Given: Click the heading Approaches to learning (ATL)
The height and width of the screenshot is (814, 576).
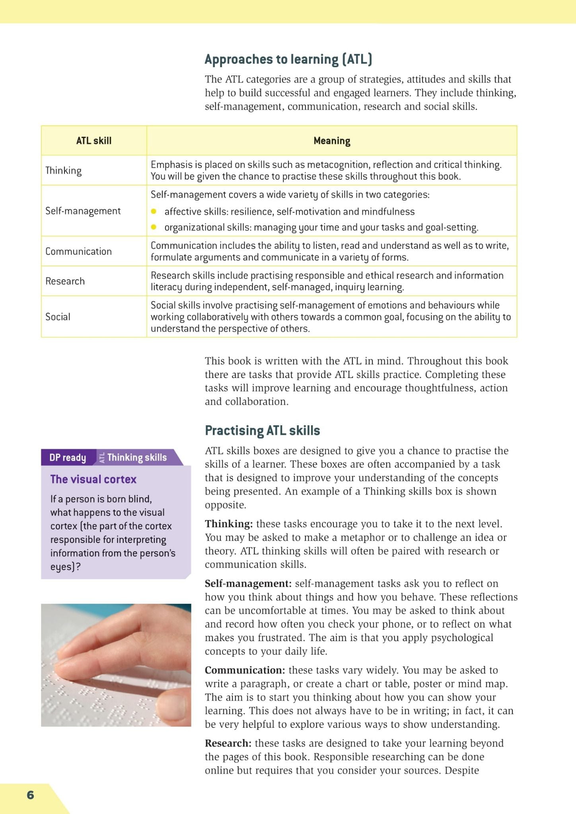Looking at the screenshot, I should pyautogui.click(x=288, y=59).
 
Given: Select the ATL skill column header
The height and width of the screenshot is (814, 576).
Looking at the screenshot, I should pyautogui.click(x=94, y=141).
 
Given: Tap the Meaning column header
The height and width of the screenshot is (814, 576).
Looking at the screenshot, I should pyautogui.click(x=332, y=141).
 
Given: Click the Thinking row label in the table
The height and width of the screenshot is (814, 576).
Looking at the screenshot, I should pyautogui.click(x=64, y=171).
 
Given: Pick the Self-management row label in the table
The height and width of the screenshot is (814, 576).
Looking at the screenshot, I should pyautogui.click(x=83, y=211).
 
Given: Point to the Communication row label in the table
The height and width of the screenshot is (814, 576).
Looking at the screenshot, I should pyautogui.click(x=78, y=251).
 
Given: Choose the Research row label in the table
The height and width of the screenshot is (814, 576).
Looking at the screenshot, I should pyautogui.click(x=65, y=281).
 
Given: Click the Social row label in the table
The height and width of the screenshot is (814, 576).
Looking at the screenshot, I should pyautogui.click(x=58, y=317).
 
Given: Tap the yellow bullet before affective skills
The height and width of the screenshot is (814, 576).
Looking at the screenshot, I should pyautogui.click(x=154, y=211).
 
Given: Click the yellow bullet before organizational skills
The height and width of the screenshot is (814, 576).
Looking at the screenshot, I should pyautogui.click(x=154, y=227).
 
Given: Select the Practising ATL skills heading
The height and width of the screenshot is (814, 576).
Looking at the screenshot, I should pyautogui.click(x=262, y=430).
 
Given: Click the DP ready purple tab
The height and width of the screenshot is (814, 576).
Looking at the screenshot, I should pyautogui.click(x=68, y=457).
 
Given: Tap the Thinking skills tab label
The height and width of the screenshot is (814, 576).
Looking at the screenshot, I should pyautogui.click(x=137, y=457).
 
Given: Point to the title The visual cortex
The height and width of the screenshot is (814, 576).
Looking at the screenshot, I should pyautogui.click(x=93, y=479).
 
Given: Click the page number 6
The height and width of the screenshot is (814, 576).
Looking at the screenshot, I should pyautogui.click(x=30, y=795).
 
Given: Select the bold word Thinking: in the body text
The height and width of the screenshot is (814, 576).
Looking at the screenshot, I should pyautogui.click(x=229, y=524).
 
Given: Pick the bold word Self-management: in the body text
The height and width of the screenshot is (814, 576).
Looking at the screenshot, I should pyautogui.click(x=248, y=583).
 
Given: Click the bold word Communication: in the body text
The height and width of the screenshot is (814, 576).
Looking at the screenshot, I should pyautogui.click(x=245, y=670).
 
